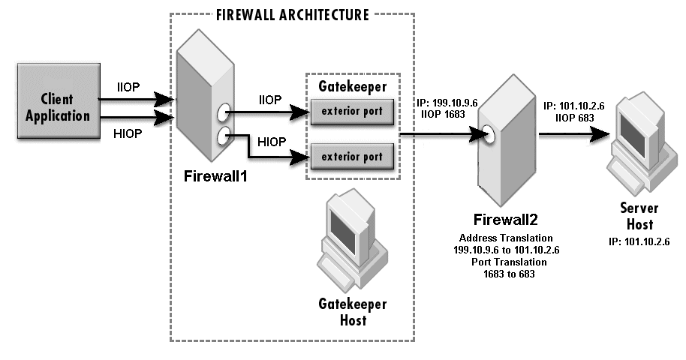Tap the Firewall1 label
click(215, 178)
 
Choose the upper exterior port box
click(352, 112)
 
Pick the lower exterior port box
click(352, 157)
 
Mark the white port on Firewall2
click(490, 136)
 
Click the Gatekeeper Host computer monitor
click(348, 226)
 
